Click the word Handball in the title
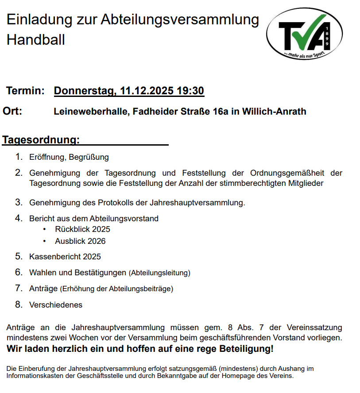click(x=36, y=40)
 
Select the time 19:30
click(x=190, y=91)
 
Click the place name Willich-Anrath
click(x=274, y=112)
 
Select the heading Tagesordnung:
click(x=41, y=140)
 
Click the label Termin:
click(x=25, y=91)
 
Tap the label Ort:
click(x=12, y=111)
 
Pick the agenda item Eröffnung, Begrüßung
click(x=69, y=157)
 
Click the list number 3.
click(x=19, y=202)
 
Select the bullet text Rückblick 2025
click(x=82, y=229)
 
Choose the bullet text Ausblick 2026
click(x=80, y=241)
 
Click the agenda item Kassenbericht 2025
click(x=65, y=257)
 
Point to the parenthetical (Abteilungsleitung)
click(x=159, y=273)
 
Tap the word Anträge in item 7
click(x=43, y=289)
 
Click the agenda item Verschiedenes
click(x=56, y=305)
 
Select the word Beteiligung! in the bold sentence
click(x=247, y=349)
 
